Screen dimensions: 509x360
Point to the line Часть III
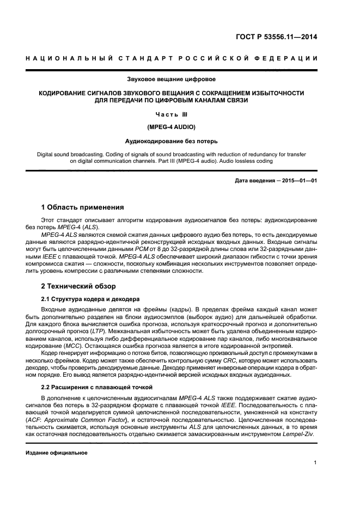[171, 114]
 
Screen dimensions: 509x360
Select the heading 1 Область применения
[82, 207]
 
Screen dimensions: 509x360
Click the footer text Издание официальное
[57, 453]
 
